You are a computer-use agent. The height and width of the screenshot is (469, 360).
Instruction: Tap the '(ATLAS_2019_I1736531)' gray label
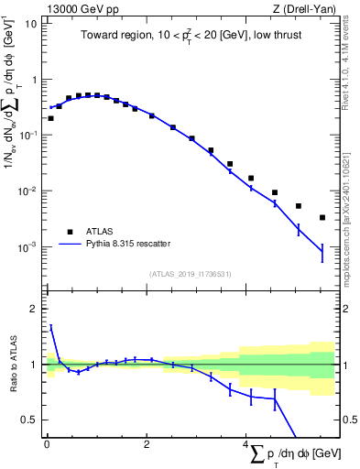tap(190, 273)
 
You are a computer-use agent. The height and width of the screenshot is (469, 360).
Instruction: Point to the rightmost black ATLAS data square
tap(322, 218)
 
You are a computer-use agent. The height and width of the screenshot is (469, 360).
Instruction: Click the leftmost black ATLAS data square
tap(50, 118)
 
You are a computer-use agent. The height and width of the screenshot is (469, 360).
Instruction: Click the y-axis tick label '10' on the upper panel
tap(30, 24)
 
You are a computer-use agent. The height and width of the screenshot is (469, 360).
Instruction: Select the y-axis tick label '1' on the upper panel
tap(34, 80)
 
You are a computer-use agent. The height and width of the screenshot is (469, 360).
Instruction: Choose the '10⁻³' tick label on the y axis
tap(28, 247)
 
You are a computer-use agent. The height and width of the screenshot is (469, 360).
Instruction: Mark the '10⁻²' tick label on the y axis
tap(28, 191)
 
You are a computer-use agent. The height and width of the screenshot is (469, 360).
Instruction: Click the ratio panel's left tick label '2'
tap(34, 309)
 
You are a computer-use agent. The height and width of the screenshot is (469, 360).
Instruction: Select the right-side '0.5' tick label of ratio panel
tap(347, 420)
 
